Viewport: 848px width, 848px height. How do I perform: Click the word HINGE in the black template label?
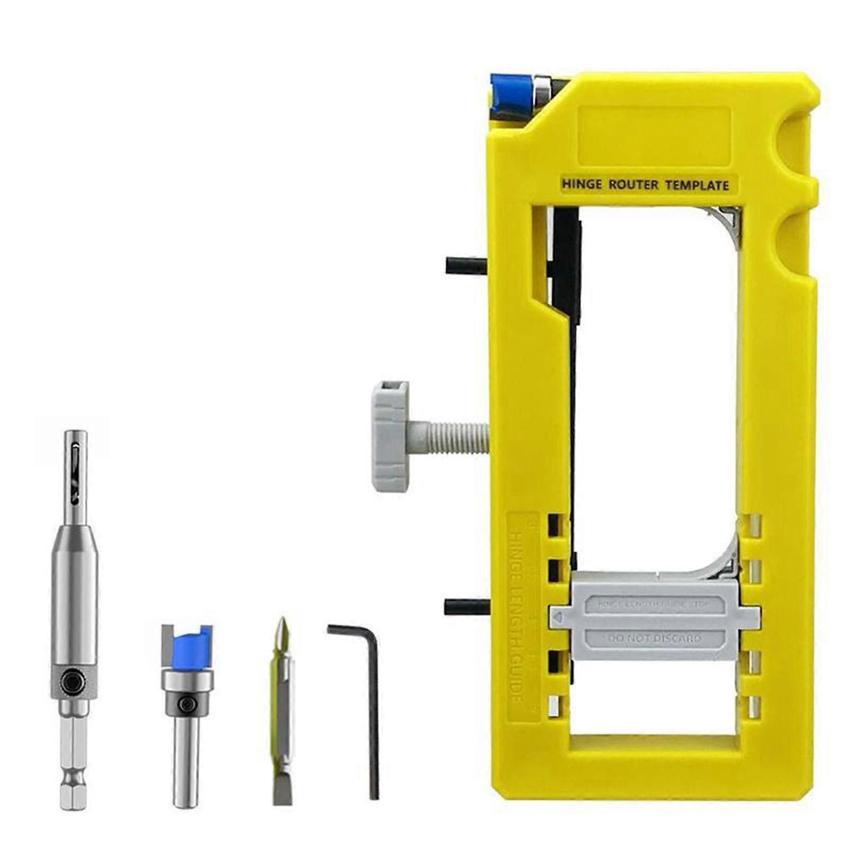click(x=582, y=185)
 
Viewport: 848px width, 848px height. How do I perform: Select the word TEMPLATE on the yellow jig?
click(x=697, y=185)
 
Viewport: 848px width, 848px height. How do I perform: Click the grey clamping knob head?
click(x=390, y=436)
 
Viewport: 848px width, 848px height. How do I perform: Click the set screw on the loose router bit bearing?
click(x=186, y=704)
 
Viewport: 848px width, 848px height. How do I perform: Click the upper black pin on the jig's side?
click(x=466, y=265)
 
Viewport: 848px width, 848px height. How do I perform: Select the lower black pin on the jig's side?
click(x=466, y=606)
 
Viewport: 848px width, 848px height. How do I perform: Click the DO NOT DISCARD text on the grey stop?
click(x=656, y=639)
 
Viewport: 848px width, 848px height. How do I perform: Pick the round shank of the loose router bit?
click(x=186, y=755)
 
